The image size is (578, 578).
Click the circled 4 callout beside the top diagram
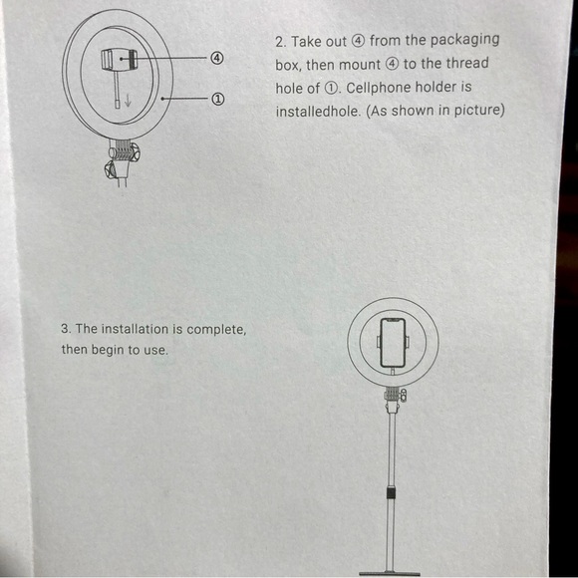click(x=217, y=58)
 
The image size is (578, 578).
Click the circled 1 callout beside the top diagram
click(x=217, y=99)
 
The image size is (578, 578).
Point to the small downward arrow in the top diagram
click(x=128, y=100)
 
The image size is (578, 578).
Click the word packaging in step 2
click(x=464, y=41)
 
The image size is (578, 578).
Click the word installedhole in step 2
click(x=318, y=111)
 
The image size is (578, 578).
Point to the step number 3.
click(x=66, y=328)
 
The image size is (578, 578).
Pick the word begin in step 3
click(x=111, y=351)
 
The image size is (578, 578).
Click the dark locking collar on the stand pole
click(x=391, y=495)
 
